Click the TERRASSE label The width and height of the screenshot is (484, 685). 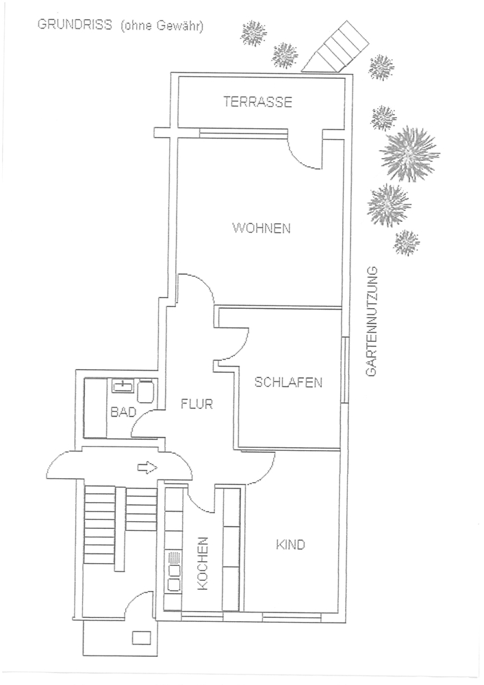[x=257, y=102]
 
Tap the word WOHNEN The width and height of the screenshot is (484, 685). [x=262, y=229]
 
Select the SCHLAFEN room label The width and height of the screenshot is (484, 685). [x=288, y=382]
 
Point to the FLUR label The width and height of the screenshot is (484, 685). [x=196, y=404]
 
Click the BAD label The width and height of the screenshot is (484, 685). [x=123, y=412]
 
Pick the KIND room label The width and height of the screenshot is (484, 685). [x=290, y=545]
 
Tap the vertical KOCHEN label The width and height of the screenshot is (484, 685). [x=203, y=564]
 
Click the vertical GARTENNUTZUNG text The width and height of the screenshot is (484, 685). [x=371, y=321]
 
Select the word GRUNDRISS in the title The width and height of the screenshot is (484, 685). [x=75, y=25]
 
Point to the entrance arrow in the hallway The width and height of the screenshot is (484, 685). [x=147, y=468]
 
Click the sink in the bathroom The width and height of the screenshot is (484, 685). [x=123, y=386]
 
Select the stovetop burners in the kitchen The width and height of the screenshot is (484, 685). [x=174, y=572]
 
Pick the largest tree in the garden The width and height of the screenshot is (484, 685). [x=409, y=153]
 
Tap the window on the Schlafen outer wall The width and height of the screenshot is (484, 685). [x=345, y=370]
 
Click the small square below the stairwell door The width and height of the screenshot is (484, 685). [x=142, y=637]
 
